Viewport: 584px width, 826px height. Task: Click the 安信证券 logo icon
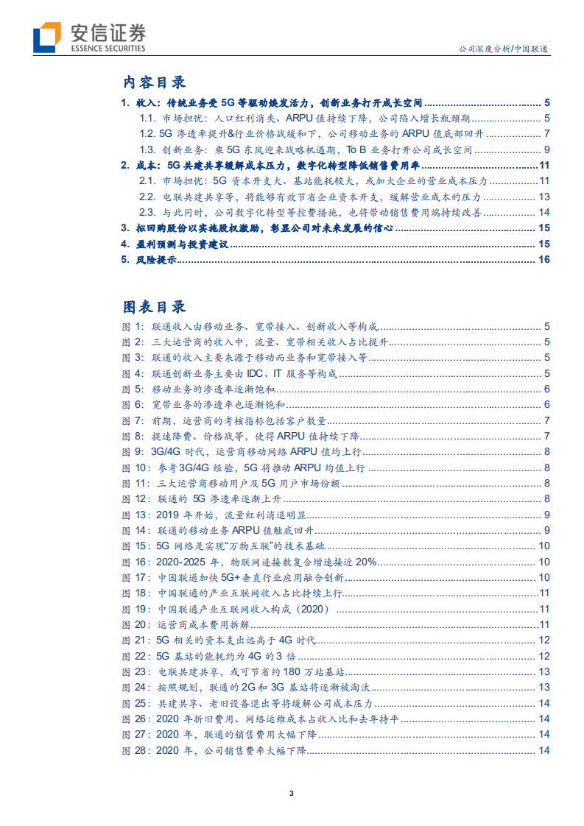click(x=48, y=38)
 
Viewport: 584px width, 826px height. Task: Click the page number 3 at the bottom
click(x=292, y=793)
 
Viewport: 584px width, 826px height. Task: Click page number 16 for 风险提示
click(x=544, y=259)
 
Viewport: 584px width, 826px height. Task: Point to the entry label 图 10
click(x=133, y=468)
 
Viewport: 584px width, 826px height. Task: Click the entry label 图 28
click(x=133, y=750)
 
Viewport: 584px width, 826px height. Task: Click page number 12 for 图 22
click(x=544, y=656)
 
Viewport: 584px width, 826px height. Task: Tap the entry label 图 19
click(x=133, y=609)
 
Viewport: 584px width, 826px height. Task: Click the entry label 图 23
click(x=133, y=671)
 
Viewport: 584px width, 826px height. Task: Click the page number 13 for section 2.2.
click(x=544, y=197)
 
